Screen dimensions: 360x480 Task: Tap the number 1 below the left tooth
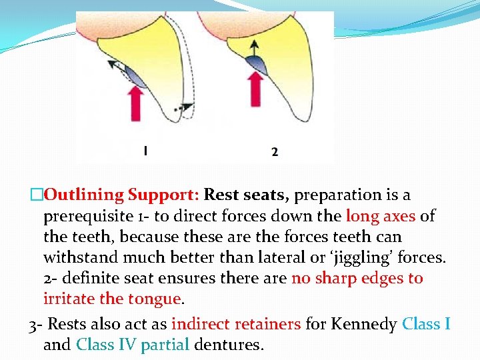point(145,151)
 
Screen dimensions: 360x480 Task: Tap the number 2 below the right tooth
point(275,152)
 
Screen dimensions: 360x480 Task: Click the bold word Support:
point(164,195)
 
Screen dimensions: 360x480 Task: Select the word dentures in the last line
point(229,345)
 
